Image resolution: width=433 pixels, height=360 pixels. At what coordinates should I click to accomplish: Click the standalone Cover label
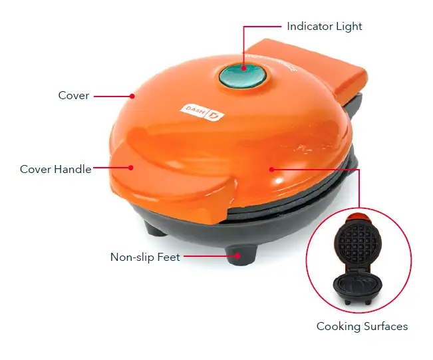click(x=73, y=96)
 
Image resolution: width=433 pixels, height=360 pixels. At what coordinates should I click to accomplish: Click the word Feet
click(x=169, y=257)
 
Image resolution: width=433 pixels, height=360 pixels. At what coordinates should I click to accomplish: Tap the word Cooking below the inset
click(x=338, y=326)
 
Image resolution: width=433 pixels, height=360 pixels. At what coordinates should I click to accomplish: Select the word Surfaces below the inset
click(x=385, y=326)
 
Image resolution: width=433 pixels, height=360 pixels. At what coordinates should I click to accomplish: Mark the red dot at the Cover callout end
click(x=132, y=96)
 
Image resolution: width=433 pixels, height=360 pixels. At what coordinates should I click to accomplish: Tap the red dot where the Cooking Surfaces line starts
click(x=271, y=169)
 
